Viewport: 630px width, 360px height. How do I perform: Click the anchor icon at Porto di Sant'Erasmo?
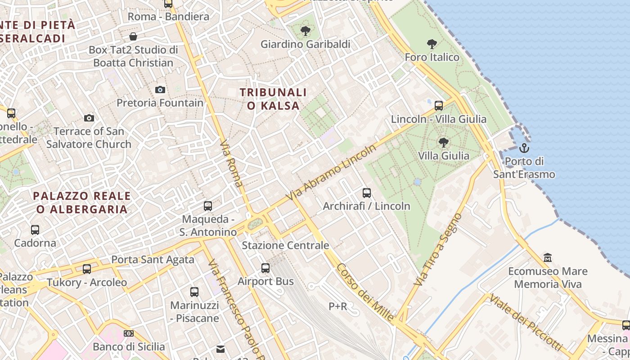524,148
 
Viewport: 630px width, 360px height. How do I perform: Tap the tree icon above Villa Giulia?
444,143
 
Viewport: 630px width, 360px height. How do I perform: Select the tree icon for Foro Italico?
432,44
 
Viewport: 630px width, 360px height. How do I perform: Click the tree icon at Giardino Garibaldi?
306,31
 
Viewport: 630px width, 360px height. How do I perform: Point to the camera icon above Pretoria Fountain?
160,90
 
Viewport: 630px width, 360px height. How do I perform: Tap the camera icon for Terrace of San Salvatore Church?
89,118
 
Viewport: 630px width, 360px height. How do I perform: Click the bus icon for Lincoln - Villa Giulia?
439,106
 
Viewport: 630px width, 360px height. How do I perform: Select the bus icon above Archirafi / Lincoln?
367,193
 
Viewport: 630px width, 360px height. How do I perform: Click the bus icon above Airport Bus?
265,268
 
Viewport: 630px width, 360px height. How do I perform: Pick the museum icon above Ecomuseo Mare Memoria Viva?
548,258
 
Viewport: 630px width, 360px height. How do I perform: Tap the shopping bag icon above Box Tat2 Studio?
133,36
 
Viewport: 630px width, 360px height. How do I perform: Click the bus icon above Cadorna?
35,230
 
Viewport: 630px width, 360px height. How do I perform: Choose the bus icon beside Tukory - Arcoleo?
87,269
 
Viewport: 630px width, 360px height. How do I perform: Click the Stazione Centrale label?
285,245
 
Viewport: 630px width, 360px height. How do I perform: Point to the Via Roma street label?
231,163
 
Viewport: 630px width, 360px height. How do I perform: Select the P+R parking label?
337,306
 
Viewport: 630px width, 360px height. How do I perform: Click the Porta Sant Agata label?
153,259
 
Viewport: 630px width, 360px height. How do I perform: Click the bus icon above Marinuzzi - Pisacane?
194,292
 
